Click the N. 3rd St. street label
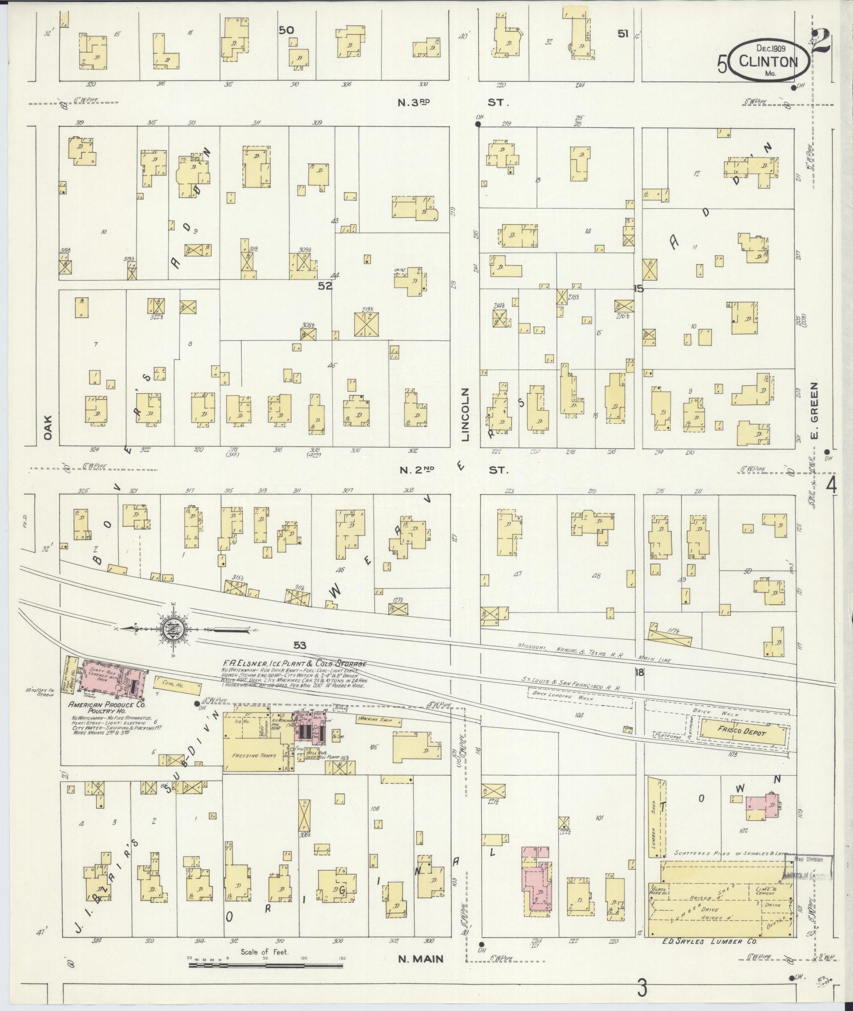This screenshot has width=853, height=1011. pyautogui.click(x=452, y=103)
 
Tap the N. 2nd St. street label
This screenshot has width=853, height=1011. pyautogui.click(x=452, y=469)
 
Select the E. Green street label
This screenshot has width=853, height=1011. pyautogui.click(x=814, y=411)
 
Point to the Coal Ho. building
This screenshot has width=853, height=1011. pyautogui.click(x=178, y=685)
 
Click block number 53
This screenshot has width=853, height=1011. pyautogui.click(x=300, y=645)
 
